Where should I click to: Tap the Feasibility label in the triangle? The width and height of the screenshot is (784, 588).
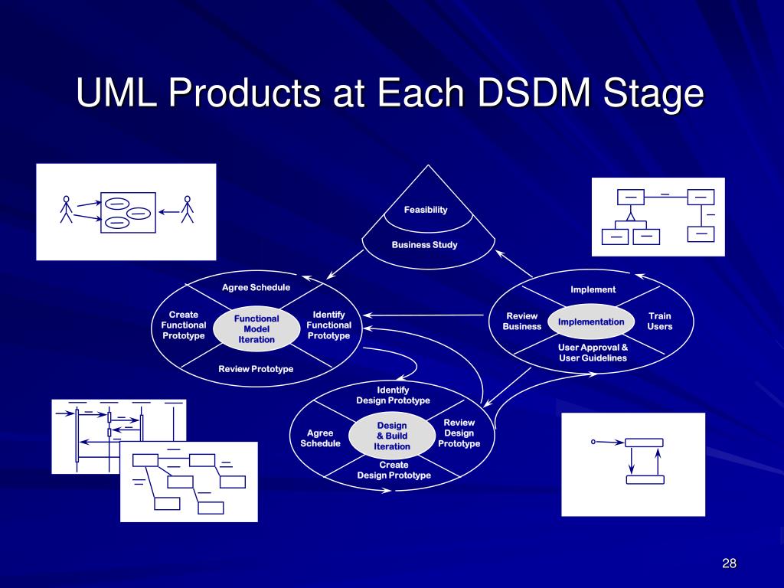point(426,210)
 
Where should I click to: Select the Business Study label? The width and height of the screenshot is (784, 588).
point(424,245)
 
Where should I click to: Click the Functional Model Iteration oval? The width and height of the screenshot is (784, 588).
point(256,329)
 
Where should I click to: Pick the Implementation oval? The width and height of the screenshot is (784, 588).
point(591,322)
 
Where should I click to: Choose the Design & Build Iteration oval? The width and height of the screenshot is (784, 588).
point(392,436)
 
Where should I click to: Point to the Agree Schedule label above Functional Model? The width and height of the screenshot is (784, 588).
point(256,288)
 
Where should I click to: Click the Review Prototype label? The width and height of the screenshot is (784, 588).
point(256,369)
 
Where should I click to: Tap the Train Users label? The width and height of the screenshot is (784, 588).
point(659,321)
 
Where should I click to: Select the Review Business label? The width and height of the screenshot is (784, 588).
point(522,321)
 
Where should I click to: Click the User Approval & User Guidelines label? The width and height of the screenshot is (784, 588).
point(593,352)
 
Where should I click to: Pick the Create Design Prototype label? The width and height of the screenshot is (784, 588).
point(394,470)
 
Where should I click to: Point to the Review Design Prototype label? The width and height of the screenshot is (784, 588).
point(459,433)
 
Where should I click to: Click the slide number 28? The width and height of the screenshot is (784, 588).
point(729,563)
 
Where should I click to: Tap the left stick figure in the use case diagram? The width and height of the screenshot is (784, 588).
point(66,209)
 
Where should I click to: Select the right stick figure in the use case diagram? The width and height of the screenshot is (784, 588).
point(188,209)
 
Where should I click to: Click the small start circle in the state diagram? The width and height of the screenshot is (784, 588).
point(593,442)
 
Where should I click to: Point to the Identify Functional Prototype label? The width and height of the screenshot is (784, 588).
point(329,325)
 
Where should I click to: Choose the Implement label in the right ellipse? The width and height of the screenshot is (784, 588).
point(593,289)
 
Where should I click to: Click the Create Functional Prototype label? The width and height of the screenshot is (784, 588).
point(184,325)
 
